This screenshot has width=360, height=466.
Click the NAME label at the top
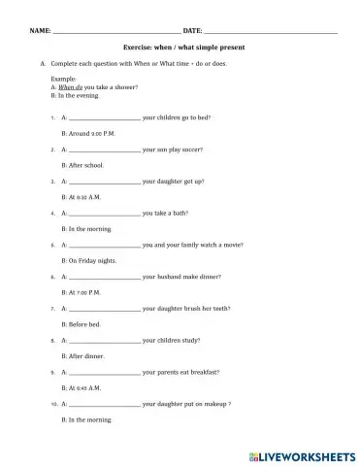coord(40,31)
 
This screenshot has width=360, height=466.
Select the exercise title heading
coord(184,47)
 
